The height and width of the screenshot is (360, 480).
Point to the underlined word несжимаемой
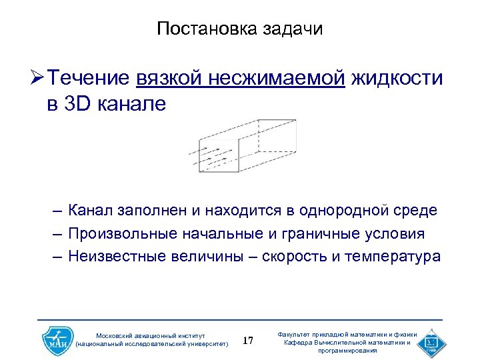276,79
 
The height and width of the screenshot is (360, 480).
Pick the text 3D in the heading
81,104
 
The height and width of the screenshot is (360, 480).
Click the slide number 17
248,341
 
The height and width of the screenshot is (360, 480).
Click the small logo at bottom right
430,342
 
